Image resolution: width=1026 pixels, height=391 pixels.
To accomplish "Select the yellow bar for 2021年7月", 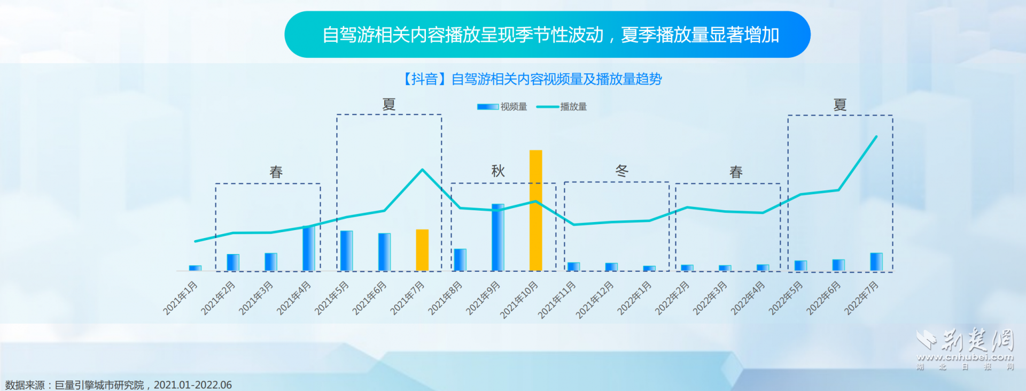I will pos(422,250).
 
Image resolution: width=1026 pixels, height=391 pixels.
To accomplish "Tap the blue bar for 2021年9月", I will pos(498,237).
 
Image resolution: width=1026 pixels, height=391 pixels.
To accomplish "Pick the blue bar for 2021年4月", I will pos(308,248).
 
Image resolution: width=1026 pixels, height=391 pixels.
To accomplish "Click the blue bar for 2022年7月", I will pos(876,262).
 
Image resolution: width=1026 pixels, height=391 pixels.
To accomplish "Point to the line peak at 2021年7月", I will pos(422,170).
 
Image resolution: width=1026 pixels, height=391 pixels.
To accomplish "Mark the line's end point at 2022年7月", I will pos(876,136).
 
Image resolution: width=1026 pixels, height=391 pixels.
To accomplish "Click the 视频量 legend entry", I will pos(502,107).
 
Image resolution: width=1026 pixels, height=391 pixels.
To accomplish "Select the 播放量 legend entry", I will pos(562,107).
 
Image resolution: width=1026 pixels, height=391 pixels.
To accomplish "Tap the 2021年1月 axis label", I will pos(181,297).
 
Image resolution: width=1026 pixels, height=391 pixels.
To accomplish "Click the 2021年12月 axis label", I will pos(595,300).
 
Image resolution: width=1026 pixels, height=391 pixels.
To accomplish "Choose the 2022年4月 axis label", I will pos(748,298).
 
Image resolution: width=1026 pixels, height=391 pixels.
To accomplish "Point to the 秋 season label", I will pos(498,171).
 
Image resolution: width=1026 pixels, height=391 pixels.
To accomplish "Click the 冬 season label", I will pos(621,171).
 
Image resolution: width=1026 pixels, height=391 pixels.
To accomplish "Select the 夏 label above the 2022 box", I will pos(840,105).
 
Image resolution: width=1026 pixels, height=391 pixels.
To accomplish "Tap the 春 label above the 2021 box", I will pos(276,172).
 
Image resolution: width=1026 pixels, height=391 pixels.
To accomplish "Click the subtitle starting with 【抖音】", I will pos(532,79).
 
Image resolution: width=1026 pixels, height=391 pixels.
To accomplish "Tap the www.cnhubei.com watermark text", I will pos(965,357).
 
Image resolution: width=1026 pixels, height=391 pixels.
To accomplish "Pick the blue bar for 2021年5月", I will pos(346,250).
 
